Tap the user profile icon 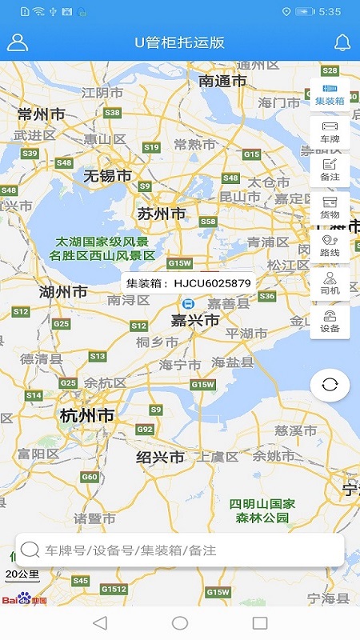click(18, 42)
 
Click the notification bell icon click(342, 42)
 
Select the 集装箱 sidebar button click(330, 94)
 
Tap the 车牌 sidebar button click(330, 132)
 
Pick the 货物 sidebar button click(330, 207)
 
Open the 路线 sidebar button click(330, 245)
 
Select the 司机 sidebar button click(330, 283)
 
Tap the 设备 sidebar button click(330, 321)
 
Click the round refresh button click(330, 385)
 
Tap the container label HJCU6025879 click(189, 283)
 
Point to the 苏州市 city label click(161, 214)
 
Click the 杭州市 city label click(86, 416)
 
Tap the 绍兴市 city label click(160, 457)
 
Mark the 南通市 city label click(223, 81)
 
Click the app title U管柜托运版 click(180, 42)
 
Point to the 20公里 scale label click(22, 574)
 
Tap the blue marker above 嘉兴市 click(188, 304)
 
